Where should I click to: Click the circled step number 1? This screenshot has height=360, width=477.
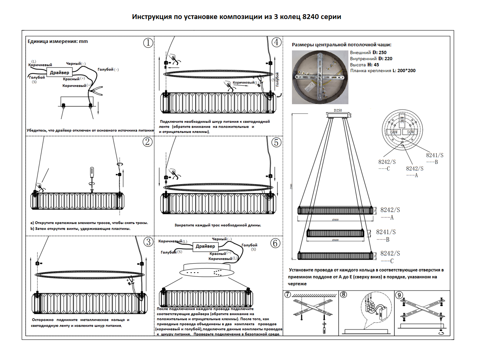coord(148,43)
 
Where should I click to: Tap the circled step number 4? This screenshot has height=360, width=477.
coord(276,42)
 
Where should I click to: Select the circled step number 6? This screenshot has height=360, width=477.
coord(276,243)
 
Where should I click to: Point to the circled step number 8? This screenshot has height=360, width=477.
coord(343,295)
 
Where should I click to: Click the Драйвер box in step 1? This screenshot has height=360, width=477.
coord(59,72)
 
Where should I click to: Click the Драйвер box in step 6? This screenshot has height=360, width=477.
coord(205,246)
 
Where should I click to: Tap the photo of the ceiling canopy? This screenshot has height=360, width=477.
coord(320,77)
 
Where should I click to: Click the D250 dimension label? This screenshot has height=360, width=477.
coord(338,111)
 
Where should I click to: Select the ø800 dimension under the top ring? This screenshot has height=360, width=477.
coord(335,220)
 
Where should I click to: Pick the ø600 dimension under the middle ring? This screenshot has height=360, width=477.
coord(335,240)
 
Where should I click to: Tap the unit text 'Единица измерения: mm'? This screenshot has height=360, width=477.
coord(58,41)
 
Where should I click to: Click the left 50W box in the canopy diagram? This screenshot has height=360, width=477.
coord(394,132)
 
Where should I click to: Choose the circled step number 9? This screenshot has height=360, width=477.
coord(399,295)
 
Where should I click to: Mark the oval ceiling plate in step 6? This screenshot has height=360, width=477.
coord(206,270)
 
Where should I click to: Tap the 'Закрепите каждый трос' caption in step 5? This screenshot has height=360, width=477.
coord(218,225)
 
